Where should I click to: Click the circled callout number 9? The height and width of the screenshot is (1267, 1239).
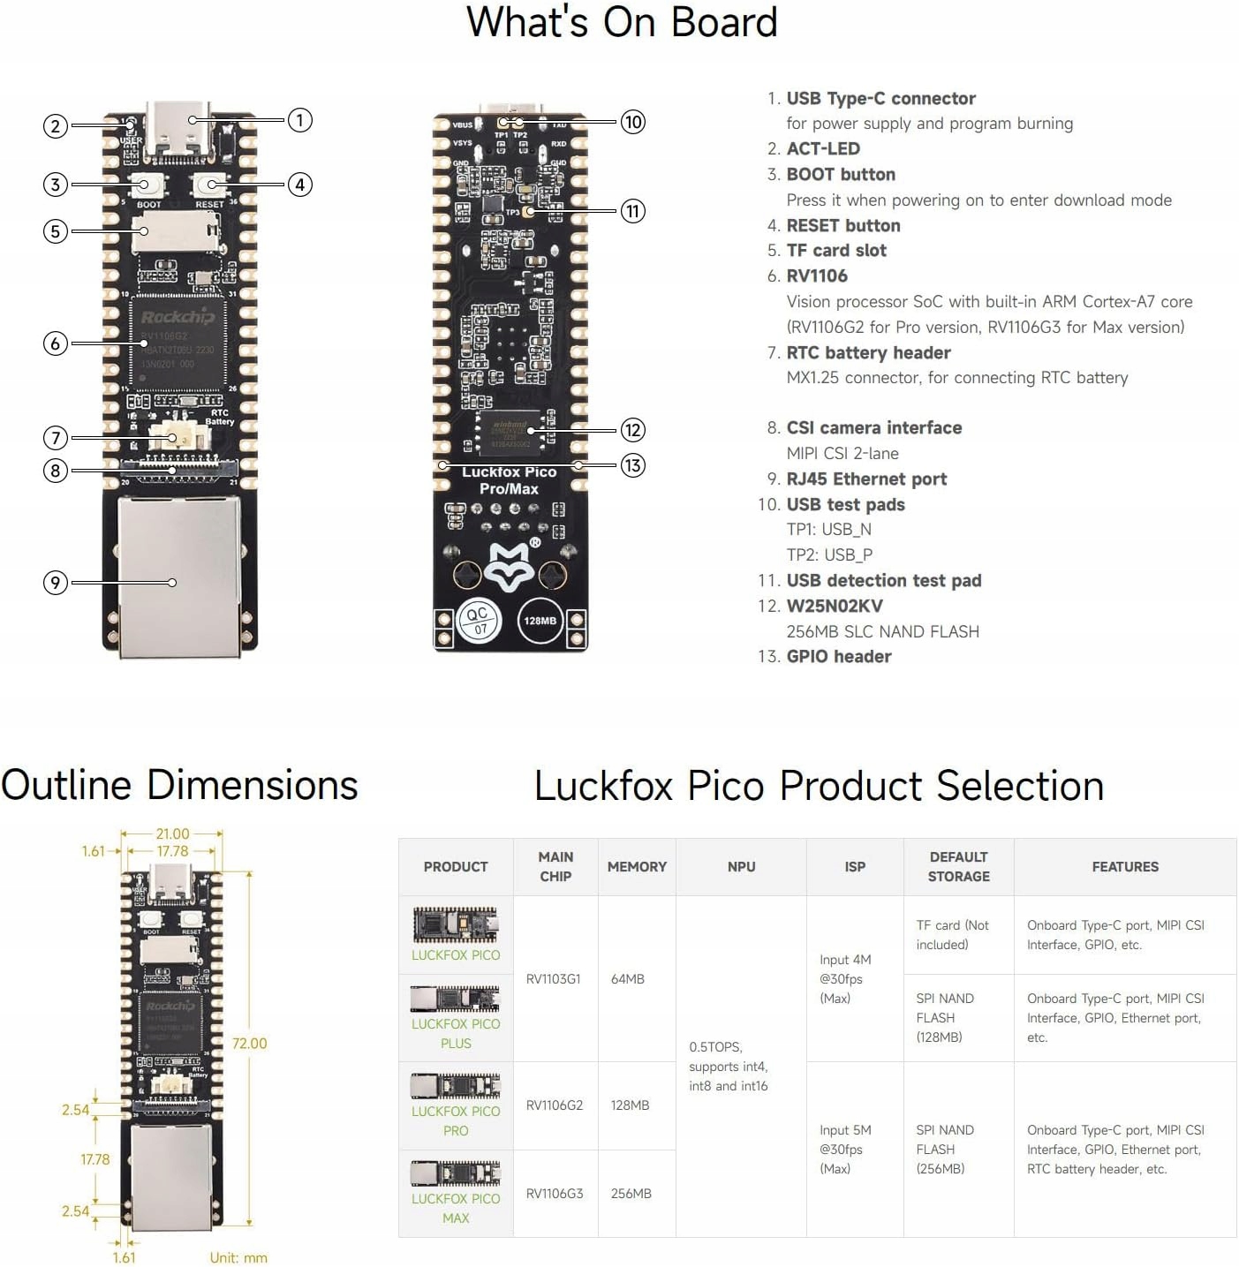pos(56,583)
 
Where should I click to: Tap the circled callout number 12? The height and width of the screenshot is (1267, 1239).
pos(632,430)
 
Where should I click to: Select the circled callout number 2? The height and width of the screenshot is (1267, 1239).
pos(56,126)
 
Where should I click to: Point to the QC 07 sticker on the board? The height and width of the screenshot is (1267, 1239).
pos(479,621)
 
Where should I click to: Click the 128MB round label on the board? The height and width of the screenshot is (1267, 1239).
pos(540,621)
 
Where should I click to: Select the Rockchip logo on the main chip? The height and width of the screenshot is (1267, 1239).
pos(178,317)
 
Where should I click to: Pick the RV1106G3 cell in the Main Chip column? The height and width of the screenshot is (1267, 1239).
pos(555,1194)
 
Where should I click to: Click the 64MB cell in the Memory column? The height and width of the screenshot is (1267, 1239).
pos(628,979)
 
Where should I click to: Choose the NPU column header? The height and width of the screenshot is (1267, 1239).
pos(741,867)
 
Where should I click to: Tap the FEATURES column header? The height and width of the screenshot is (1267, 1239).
pos(1125,867)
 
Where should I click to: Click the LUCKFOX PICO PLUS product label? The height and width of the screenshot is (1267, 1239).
pos(456,1033)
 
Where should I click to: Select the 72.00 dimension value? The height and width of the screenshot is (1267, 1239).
pos(249,1044)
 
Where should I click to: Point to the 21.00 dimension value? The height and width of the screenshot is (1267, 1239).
pos(172,833)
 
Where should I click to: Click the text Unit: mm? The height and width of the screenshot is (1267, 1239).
pos(238,1257)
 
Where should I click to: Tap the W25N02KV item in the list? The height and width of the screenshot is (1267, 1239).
pos(835,606)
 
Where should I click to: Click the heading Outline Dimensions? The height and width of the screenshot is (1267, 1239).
pos(179,785)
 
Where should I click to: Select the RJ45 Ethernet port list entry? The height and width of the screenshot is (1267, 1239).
pos(866,479)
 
